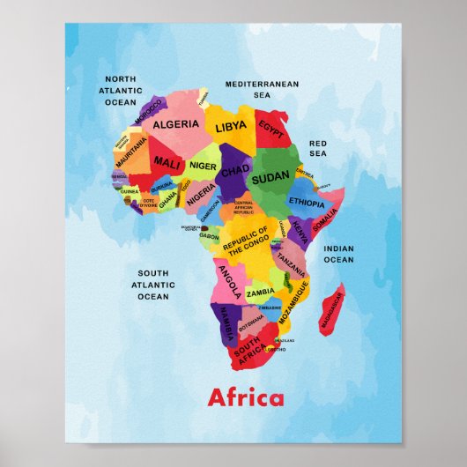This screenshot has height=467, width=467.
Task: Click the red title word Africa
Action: coord(246,397)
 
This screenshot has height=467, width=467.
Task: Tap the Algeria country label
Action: coord(176,124)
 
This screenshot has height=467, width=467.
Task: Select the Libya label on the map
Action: coord(231,127)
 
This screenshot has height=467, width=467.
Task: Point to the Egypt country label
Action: coord(271,130)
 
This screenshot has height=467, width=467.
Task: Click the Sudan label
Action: coord(271,179)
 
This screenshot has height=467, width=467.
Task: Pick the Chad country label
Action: coord(233,171)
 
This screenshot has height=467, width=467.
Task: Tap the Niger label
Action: coord(203,166)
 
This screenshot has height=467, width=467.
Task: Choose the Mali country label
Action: coord(167,162)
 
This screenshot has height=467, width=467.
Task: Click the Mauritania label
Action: coord(131,153)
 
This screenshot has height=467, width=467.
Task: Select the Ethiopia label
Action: coord(306,203)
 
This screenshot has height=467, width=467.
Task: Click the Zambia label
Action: coord(260,293)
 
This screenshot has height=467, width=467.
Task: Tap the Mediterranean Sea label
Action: coord(262,89)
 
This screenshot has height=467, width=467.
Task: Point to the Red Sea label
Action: coord(317,148)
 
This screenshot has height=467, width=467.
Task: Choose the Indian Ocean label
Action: coord(338,254)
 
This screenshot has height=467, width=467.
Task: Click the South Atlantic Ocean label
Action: coord(153,285)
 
